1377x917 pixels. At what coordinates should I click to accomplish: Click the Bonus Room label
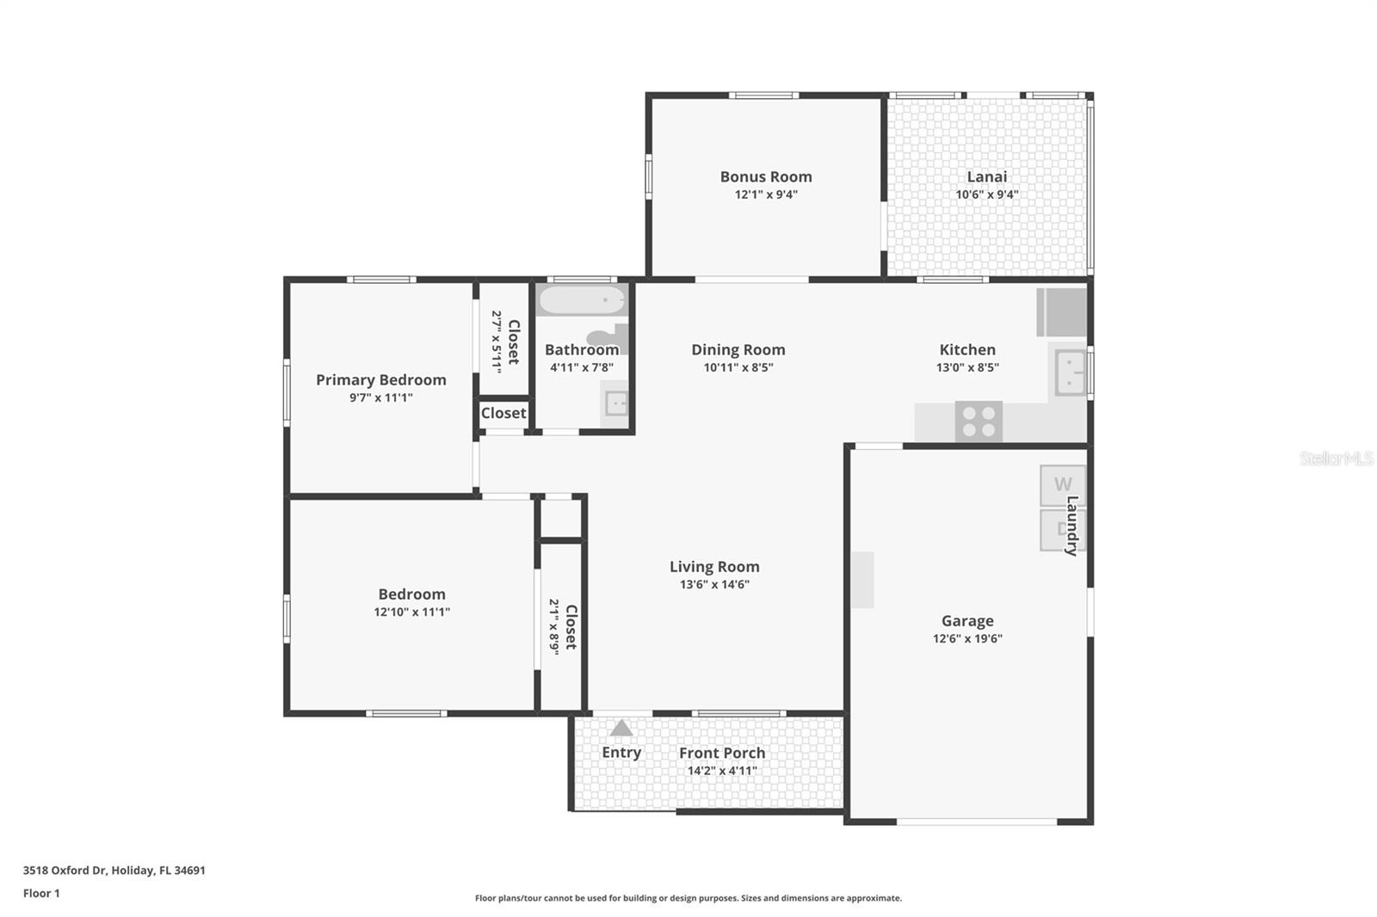pyautogui.click(x=766, y=176)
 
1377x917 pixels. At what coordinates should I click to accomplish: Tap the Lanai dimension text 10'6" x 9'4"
pyautogui.click(x=986, y=194)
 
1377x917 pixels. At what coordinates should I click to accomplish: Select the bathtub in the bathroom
pyautogui.click(x=581, y=301)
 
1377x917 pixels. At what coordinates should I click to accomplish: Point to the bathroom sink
pyautogui.click(x=616, y=403)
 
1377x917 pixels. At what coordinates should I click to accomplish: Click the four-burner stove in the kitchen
pyautogui.click(x=979, y=422)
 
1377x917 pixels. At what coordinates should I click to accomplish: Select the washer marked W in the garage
pyautogui.click(x=1062, y=484)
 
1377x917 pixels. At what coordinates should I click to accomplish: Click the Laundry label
pyautogui.click(x=1072, y=526)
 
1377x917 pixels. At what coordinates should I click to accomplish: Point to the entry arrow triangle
pyautogui.click(x=621, y=729)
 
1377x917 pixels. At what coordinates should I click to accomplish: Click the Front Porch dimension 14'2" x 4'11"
pyautogui.click(x=722, y=771)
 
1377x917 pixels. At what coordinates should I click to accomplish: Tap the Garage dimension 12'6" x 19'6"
pyautogui.click(x=967, y=638)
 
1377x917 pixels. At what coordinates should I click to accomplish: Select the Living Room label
pyautogui.click(x=714, y=566)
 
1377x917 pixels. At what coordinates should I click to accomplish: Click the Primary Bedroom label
pyautogui.click(x=380, y=379)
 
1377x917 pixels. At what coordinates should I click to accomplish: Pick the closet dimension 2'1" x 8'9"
pyautogui.click(x=555, y=627)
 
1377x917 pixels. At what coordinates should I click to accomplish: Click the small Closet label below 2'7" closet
pyautogui.click(x=503, y=413)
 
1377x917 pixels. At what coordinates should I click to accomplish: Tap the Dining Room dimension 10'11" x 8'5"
pyautogui.click(x=738, y=367)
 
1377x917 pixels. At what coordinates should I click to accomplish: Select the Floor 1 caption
pyautogui.click(x=41, y=893)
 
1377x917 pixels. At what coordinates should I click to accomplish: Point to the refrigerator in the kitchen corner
pyautogui.click(x=1063, y=312)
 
